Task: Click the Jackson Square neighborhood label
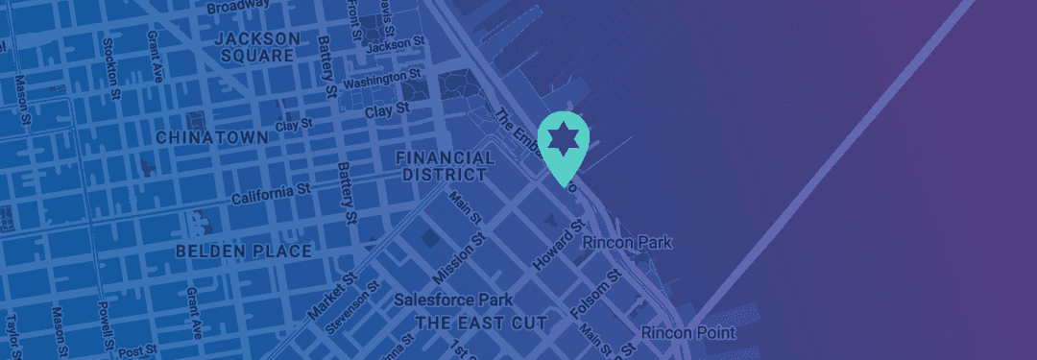[256, 47]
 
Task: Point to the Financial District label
[444, 165]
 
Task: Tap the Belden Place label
[244, 251]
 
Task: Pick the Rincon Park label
[628, 244]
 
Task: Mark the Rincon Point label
[688, 333]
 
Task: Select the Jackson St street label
[395, 44]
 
